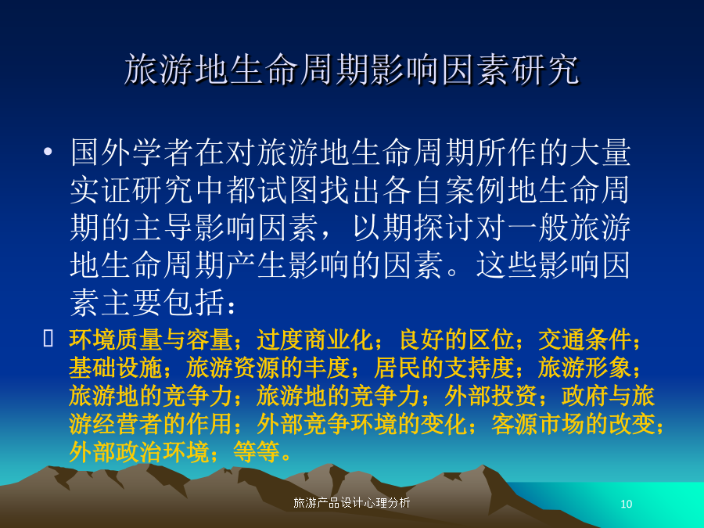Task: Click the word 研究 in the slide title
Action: pos(545,70)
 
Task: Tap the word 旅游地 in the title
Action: pos(177,70)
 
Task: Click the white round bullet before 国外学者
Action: pos(48,151)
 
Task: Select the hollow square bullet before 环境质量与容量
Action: pos(48,338)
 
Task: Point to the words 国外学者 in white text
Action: pos(132,153)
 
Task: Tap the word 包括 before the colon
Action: pos(194,303)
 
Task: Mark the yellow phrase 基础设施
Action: pos(116,368)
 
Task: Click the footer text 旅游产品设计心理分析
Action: pos(351,503)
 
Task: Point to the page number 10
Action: pos(627,505)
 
